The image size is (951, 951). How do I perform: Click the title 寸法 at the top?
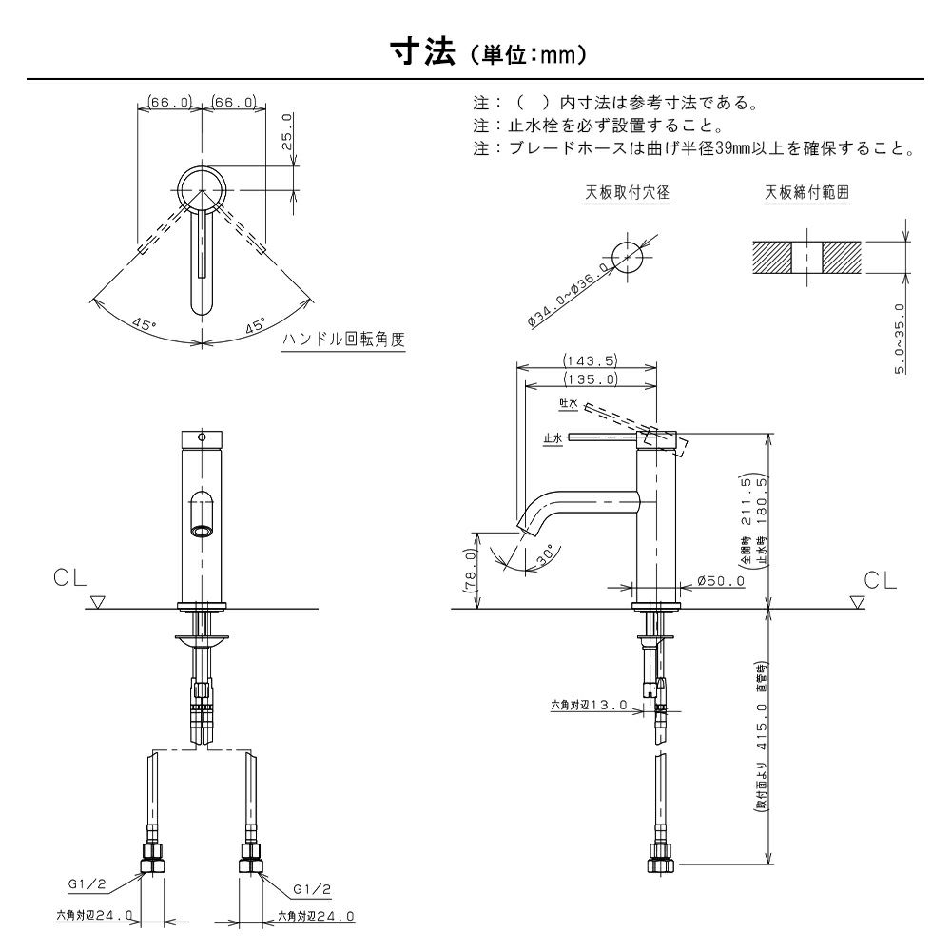(x=423, y=53)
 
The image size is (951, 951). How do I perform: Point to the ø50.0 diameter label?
(x=721, y=580)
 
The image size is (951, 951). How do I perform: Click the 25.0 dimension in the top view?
(x=287, y=131)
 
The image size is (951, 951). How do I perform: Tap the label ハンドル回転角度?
(x=343, y=339)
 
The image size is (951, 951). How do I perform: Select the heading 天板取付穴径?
(x=627, y=192)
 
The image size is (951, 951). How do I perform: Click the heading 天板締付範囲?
(x=806, y=192)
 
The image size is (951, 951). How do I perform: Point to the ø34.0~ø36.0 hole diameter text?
(x=569, y=296)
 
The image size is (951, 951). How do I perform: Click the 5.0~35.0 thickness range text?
(x=900, y=339)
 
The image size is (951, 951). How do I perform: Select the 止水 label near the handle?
(x=553, y=437)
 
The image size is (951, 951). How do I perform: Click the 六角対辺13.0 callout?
(x=589, y=706)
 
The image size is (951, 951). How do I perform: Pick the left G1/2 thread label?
(x=87, y=884)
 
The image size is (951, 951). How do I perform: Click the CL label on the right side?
(x=880, y=580)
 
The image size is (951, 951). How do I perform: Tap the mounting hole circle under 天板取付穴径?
(x=627, y=258)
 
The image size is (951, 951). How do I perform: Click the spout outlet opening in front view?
(x=202, y=532)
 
